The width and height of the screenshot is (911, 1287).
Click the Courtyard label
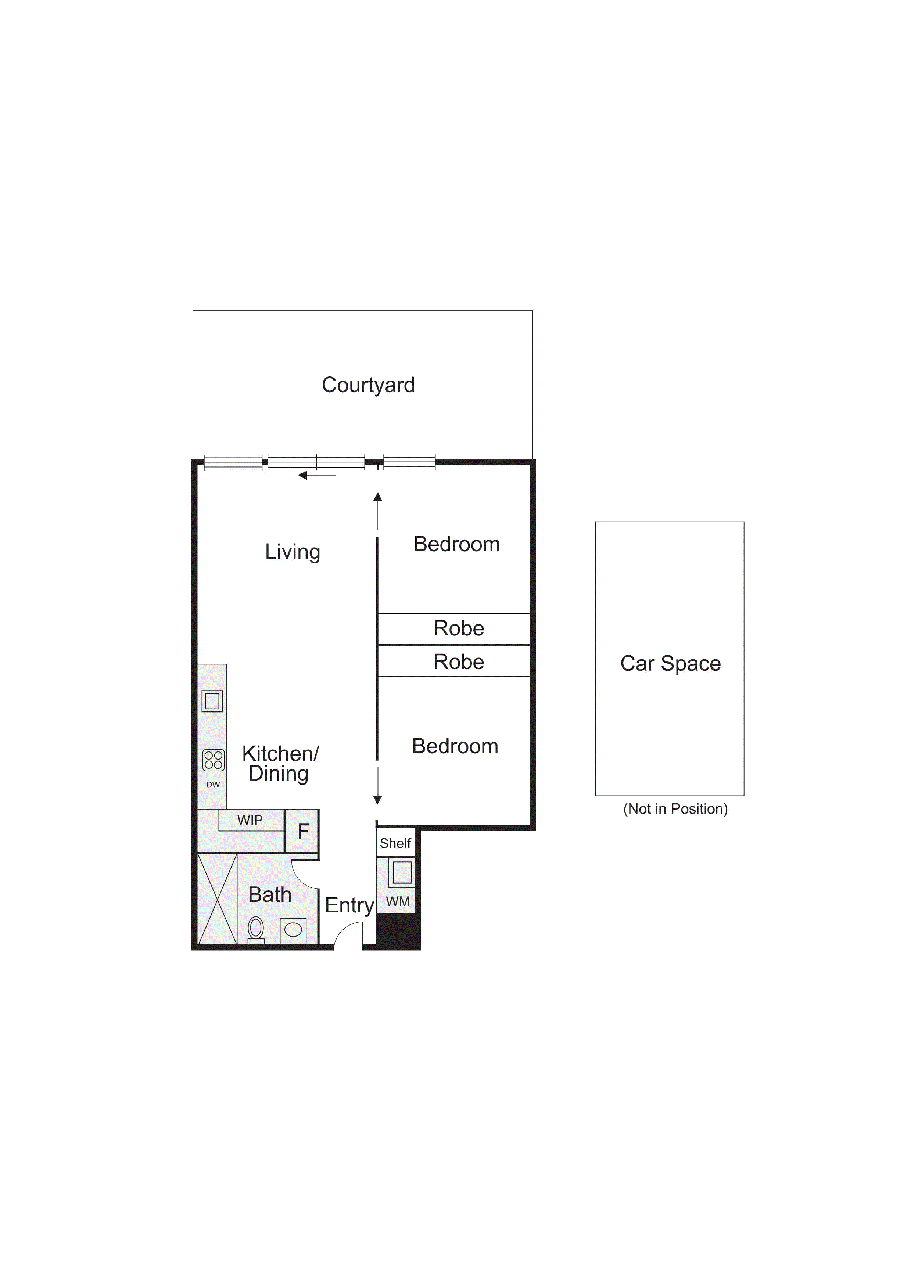[x=368, y=385]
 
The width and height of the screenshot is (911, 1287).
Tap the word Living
[x=292, y=552]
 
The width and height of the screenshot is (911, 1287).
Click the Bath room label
[x=270, y=894]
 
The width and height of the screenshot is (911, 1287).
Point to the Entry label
[x=349, y=905]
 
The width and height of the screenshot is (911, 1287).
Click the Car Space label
[x=670, y=663]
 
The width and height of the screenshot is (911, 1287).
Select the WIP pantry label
[x=250, y=820]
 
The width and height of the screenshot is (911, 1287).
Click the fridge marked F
[x=303, y=831]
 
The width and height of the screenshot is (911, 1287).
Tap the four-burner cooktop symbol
[x=213, y=760]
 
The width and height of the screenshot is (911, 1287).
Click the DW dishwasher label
[x=213, y=784]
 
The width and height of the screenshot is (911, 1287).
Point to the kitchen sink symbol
[x=212, y=701]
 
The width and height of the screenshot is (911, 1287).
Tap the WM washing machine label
[x=397, y=901]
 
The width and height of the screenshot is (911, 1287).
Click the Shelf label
[x=395, y=843]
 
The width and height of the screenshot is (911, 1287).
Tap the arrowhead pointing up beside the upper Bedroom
[x=377, y=497]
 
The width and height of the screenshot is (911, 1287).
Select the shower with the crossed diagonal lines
[x=217, y=898]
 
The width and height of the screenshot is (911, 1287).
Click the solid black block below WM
[x=398, y=930]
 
